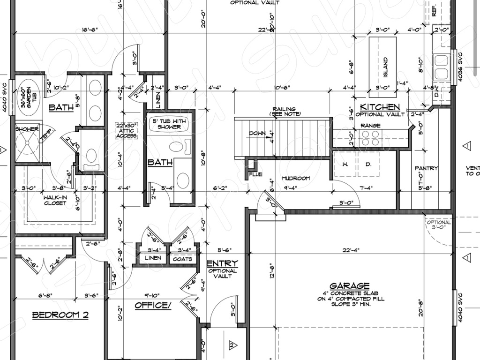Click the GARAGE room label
coord(349,285)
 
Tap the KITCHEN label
coord(380,107)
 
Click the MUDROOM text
coord(296,179)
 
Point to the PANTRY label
coord(426,168)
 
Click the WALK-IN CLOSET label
coord(55,200)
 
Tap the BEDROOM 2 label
coord(60,315)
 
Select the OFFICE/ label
coord(153,306)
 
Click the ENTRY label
coord(222,263)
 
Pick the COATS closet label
coord(182,259)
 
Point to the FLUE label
coord(255,174)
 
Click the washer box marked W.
coord(345,164)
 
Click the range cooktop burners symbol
coord(370,137)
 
